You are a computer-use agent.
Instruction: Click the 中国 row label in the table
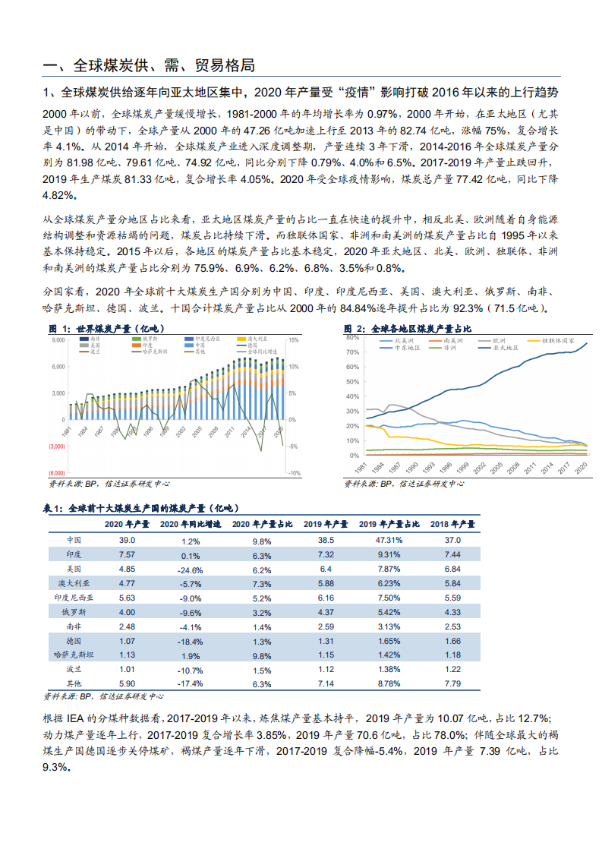(x=74, y=540)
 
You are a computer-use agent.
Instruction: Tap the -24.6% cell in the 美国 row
(x=191, y=570)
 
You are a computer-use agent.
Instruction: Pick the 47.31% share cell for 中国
(x=389, y=540)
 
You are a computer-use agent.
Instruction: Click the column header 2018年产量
(x=452, y=524)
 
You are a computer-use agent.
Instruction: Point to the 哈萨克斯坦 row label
(x=74, y=655)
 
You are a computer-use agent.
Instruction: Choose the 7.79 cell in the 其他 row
(x=452, y=684)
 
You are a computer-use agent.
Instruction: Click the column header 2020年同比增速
(x=191, y=524)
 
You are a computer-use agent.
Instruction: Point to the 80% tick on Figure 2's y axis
(x=351, y=337)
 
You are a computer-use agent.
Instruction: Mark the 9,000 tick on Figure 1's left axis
(x=58, y=340)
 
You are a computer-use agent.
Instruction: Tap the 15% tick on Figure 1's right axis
(x=295, y=340)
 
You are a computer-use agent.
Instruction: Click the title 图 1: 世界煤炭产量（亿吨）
(x=108, y=328)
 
